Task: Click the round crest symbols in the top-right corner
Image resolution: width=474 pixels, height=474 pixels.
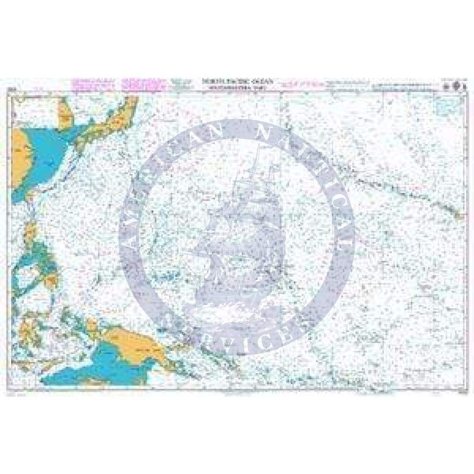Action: coord(453,86)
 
